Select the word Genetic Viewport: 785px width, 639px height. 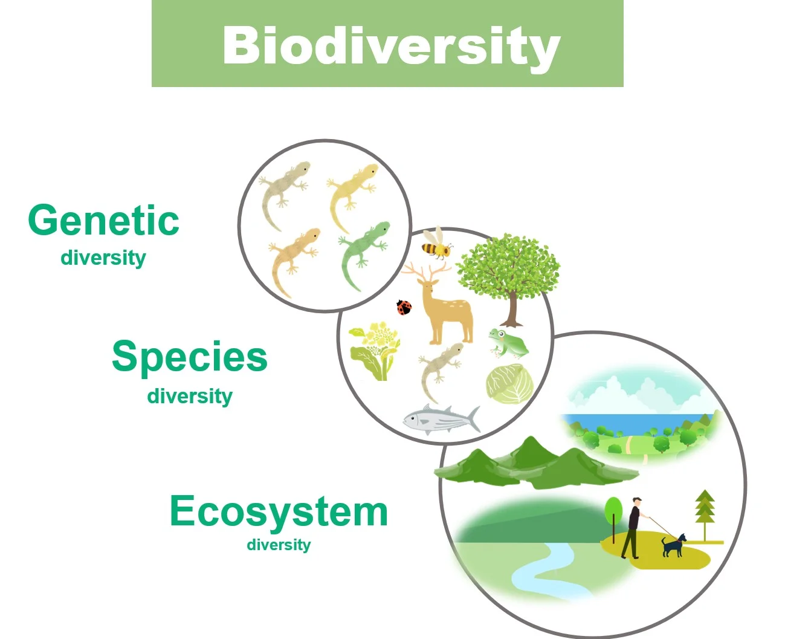point(103,221)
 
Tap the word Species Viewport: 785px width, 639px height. point(189,357)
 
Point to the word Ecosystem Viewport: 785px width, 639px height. point(279,511)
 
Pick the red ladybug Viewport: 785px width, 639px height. point(404,308)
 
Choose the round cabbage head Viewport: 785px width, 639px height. point(510,384)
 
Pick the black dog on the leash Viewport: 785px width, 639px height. point(673,545)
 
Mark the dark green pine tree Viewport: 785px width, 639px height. point(705,511)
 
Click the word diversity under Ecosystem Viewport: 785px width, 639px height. point(279,545)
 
